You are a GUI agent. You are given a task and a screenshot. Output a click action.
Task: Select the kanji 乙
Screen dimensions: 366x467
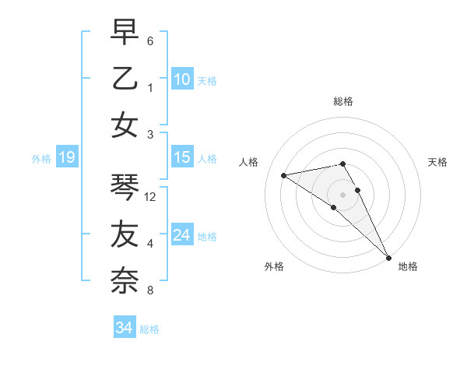(x=125, y=79)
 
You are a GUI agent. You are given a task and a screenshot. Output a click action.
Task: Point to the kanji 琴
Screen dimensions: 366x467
(x=125, y=187)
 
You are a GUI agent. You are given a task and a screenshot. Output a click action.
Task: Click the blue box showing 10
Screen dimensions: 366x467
(x=181, y=79)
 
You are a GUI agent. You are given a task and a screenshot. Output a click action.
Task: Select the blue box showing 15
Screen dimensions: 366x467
(x=181, y=157)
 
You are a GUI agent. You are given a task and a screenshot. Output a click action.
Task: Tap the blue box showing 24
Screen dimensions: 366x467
(x=181, y=235)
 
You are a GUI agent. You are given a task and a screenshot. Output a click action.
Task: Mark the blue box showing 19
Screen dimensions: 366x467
(x=66, y=158)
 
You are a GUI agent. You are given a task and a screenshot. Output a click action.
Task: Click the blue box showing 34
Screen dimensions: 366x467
(x=124, y=328)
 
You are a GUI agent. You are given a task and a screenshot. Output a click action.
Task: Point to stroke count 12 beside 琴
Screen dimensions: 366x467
(x=150, y=197)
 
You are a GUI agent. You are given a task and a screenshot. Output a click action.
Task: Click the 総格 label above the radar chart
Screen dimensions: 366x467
(x=342, y=101)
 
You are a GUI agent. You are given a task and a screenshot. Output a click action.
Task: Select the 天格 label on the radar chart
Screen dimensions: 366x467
(x=437, y=162)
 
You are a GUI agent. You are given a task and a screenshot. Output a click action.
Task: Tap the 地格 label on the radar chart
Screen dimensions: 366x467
(x=408, y=266)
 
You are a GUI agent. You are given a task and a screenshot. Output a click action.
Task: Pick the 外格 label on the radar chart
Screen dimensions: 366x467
(x=274, y=266)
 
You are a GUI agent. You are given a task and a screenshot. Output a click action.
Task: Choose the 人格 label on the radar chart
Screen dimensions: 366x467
(x=249, y=162)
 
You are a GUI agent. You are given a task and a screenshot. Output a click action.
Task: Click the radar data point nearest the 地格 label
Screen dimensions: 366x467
(x=388, y=257)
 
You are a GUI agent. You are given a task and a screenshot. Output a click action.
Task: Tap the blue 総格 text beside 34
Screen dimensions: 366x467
(x=149, y=329)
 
